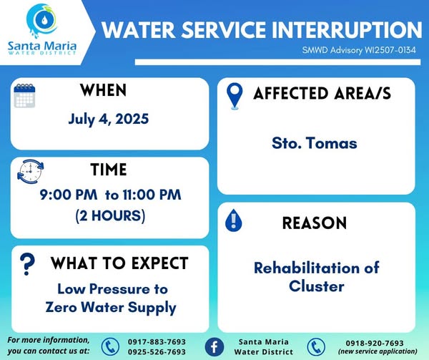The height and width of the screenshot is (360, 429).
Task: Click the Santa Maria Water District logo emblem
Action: click(42, 21)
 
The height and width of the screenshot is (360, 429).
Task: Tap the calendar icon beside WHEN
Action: click(24, 95)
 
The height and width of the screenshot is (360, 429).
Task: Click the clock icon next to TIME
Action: click(30, 172)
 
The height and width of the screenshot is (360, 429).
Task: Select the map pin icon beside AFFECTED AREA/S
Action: click(235, 96)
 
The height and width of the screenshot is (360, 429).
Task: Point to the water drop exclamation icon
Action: click(233, 220)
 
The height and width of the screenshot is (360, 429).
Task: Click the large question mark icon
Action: click(27, 264)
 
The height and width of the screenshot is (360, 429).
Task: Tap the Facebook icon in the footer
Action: click(214, 347)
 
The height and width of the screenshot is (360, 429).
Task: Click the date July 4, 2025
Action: click(109, 119)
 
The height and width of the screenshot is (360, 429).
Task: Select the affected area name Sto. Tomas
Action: click(315, 143)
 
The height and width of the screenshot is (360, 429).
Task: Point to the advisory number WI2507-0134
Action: click(390, 50)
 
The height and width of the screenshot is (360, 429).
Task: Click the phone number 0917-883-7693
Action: click(157, 342)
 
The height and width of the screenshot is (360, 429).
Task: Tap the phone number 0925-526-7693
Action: click(157, 352)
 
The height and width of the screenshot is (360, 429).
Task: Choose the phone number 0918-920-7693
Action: click(375, 343)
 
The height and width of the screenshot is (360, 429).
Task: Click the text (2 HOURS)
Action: click(110, 216)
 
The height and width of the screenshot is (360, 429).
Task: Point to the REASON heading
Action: click(315, 223)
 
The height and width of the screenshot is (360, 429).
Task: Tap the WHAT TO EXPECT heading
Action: click(119, 263)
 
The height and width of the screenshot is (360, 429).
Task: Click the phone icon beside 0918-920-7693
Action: click(316, 347)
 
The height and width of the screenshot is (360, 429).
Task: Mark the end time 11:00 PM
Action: click(152, 195)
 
